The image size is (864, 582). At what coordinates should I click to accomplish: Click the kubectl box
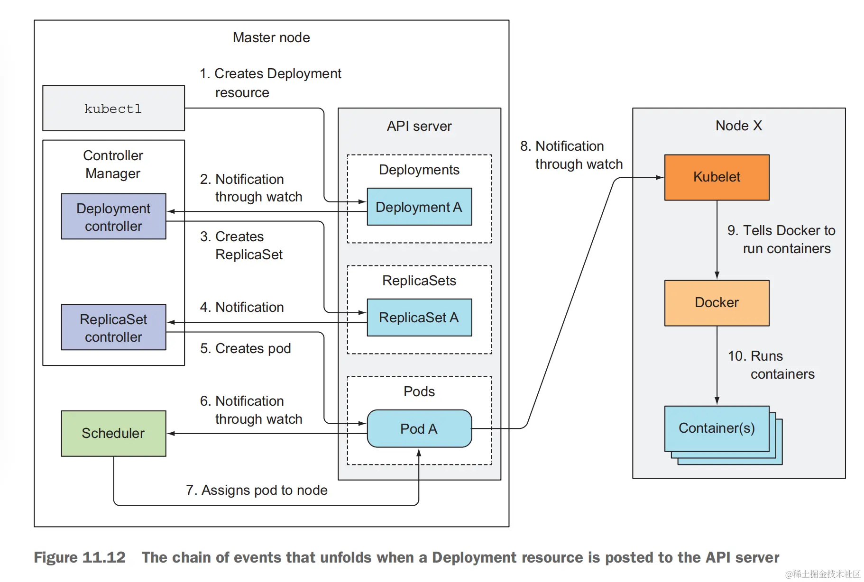coord(113,108)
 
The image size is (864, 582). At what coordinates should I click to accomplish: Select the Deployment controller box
coord(113,217)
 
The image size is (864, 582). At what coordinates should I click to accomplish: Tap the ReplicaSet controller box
coord(113,327)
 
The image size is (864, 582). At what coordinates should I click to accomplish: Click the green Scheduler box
coord(113,433)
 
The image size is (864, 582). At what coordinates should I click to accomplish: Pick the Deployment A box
coord(419,207)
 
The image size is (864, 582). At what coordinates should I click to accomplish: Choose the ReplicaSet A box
coord(419,318)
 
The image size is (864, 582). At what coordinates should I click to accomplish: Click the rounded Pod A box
coord(419,429)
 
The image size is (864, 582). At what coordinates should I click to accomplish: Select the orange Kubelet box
coord(717,177)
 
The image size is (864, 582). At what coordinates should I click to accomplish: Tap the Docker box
coord(717,303)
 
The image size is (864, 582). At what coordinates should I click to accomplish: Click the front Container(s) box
coord(717,428)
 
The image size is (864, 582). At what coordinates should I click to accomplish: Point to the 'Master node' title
coord(271,37)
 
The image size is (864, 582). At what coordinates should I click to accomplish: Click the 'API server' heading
coord(419,126)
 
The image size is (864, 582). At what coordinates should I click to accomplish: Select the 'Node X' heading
coord(738,126)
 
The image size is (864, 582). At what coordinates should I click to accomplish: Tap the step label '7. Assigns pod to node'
coord(257,490)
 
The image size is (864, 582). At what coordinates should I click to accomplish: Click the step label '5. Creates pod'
coord(245,348)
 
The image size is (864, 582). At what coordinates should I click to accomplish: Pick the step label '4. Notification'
coord(242,307)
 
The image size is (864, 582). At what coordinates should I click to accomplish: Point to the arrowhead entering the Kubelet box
coord(661,177)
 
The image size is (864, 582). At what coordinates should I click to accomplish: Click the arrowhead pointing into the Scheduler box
coord(171,433)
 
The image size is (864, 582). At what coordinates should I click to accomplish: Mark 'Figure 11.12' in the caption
coord(80,557)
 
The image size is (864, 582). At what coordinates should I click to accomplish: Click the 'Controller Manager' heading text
coord(113,164)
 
